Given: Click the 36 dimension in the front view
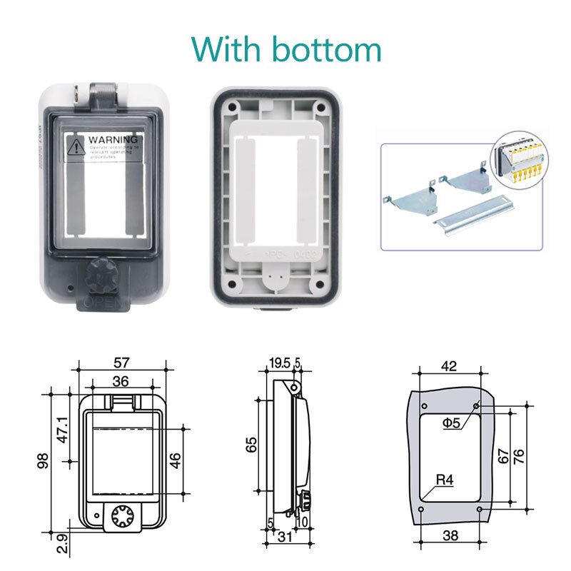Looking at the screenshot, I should click(x=121, y=382).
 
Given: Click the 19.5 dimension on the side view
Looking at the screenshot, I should click(x=279, y=363).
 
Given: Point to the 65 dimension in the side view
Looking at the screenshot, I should click(x=251, y=445).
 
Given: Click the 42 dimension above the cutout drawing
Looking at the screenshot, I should click(x=448, y=366).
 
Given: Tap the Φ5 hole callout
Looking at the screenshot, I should click(x=450, y=423).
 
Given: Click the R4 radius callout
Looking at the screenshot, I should click(x=445, y=480).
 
